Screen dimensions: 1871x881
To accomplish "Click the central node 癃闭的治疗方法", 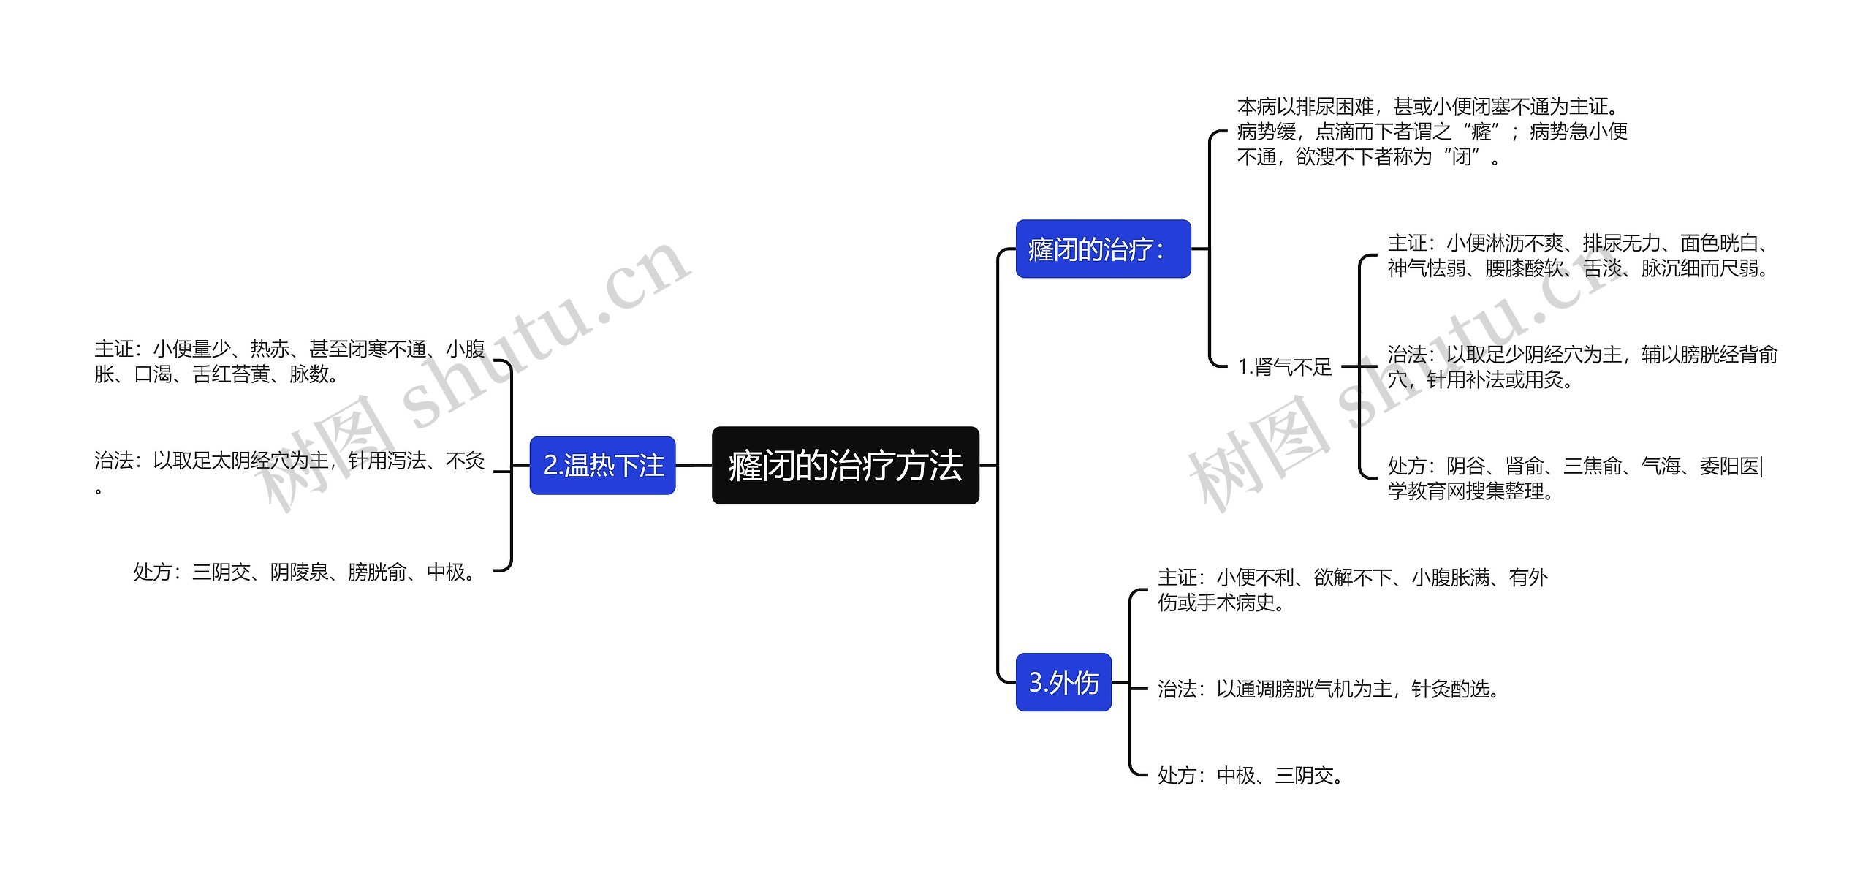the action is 845,466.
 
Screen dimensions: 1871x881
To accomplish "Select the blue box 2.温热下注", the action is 602,466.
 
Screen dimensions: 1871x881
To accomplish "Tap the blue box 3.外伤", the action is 1063,682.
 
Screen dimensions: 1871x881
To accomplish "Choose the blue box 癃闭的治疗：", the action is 1102,249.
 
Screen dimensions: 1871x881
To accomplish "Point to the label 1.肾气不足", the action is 1284,366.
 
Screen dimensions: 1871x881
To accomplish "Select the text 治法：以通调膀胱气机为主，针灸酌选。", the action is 1330,689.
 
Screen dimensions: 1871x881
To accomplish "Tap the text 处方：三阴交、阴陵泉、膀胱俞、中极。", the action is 307,572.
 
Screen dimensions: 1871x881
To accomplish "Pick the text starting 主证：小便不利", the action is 1352,589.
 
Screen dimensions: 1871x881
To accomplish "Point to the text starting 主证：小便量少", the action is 289,361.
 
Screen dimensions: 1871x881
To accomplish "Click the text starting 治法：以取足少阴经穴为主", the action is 1582,367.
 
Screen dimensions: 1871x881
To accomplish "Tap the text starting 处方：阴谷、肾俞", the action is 1574,478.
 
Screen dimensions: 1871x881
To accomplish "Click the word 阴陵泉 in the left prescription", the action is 299,572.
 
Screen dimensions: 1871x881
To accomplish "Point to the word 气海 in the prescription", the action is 1660,466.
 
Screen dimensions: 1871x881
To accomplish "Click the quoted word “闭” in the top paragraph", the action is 1461,156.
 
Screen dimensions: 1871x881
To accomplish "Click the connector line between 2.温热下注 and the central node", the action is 694,466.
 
